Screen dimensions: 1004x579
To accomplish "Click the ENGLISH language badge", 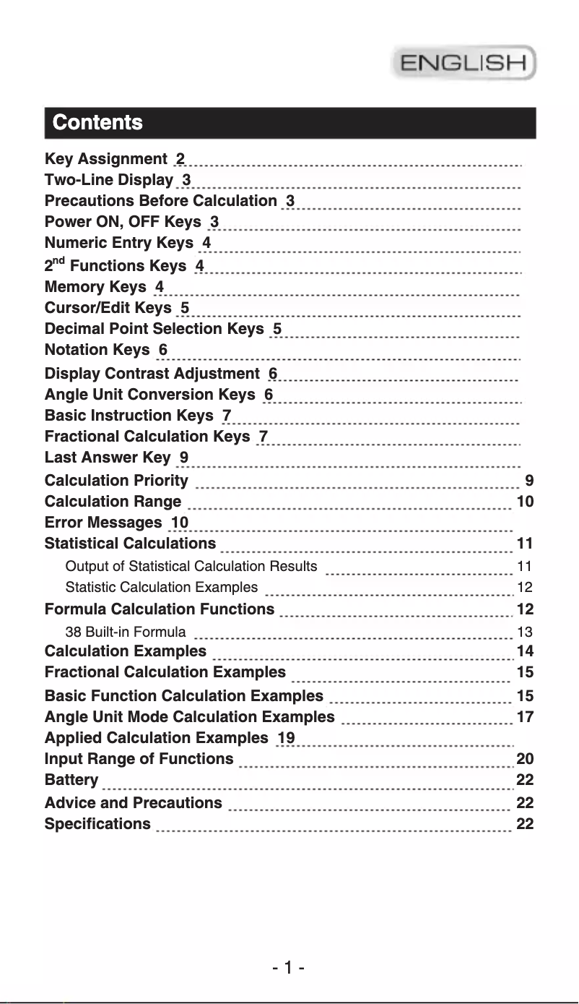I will click(463, 62).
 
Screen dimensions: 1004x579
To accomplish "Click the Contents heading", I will click(97, 122).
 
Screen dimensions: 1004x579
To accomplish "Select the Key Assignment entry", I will click(106, 159).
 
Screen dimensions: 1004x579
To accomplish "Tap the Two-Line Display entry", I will click(109, 180).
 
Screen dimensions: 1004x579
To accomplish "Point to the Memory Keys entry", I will click(95, 287).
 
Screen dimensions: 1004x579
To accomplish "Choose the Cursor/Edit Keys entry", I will click(108, 308).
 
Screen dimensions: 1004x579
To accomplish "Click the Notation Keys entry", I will click(97, 350).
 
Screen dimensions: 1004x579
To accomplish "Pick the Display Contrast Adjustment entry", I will click(152, 374).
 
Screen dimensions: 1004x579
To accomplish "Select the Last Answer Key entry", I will click(108, 458).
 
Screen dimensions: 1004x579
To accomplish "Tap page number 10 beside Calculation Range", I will click(526, 502).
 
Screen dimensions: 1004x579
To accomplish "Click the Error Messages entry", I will click(103, 523).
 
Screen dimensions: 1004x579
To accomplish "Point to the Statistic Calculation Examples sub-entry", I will click(161, 587).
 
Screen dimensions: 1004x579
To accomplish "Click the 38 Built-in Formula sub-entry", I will click(126, 632).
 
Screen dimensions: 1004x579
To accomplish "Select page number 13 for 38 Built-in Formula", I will click(525, 632).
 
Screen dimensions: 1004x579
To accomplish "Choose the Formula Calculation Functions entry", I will click(160, 609).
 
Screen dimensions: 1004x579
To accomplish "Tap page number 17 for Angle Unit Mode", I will click(525, 717).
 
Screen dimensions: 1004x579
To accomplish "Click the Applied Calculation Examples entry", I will click(156, 738).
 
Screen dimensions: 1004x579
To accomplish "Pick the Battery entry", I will click(71, 780).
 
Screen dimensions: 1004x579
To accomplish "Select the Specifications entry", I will click(98, 824).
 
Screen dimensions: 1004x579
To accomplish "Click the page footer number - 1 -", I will click(289, 967).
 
